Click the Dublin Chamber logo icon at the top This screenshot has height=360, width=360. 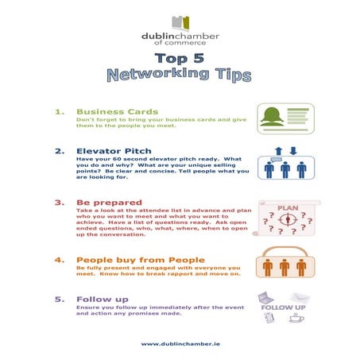180,21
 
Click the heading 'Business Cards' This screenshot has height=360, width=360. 117,112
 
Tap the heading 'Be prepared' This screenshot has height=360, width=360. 110,203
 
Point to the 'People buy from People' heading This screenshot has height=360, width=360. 140,260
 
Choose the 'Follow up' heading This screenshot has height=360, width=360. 103,300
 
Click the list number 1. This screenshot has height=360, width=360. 59,112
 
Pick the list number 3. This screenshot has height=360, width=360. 59,203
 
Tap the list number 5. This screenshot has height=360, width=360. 59,300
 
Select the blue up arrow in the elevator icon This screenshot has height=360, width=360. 277,151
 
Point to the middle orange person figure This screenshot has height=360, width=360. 285,267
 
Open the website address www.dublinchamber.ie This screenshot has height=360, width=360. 180,343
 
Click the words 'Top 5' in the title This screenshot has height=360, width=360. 180,60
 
